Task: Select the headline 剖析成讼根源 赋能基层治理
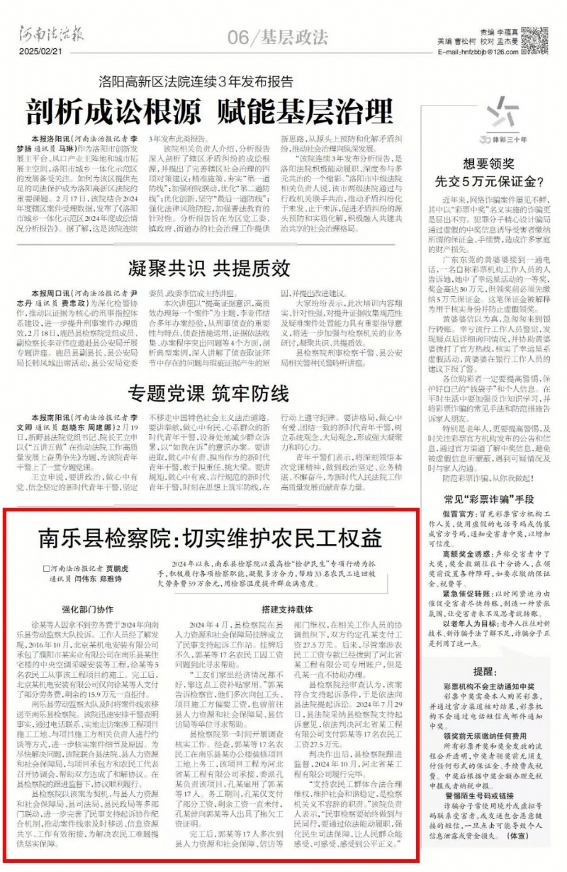click(x=210, y=111)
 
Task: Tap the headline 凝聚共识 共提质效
click(x=209, y=268)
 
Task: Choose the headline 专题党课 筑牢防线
click(x=209, y=392)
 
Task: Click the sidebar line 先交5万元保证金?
click(x=488, y=180)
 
